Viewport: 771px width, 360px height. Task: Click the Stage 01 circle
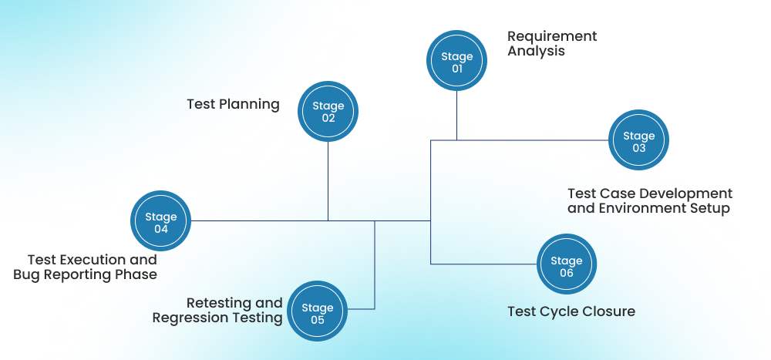tap(456, 62)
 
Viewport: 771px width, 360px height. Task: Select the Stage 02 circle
tap(328, 113)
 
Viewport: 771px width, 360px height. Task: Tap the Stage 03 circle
tap(638, 142)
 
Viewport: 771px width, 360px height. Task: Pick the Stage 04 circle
tap(160, 223)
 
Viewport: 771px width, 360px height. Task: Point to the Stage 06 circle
tap(567, 267)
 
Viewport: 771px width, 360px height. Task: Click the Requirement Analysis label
tap(552, 44)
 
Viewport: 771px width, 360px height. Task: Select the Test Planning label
tap(233, 104)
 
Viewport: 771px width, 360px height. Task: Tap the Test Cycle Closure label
tap(571, 311)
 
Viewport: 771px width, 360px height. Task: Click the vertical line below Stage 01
tap(456, 116)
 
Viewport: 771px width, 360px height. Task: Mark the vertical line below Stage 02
tap(328, 181)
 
